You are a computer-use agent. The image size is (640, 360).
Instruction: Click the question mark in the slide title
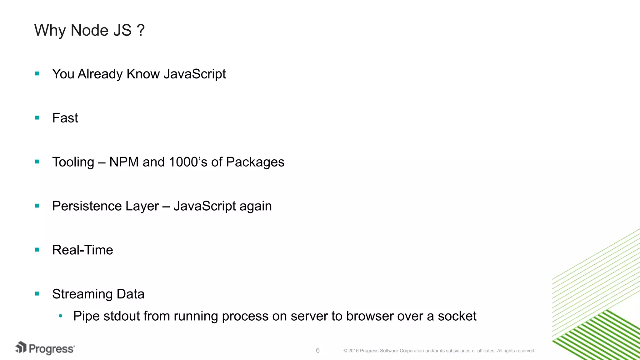[140, 30]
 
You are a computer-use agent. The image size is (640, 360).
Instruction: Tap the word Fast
[65, 118]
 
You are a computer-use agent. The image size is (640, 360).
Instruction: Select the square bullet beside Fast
[37, 118]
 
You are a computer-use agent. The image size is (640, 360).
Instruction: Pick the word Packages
[255, 162]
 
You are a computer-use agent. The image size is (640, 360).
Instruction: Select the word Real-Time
[82, 250]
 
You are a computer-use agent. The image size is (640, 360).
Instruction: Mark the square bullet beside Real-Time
[37, 250]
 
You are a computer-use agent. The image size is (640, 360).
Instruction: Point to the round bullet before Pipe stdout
[61, 316]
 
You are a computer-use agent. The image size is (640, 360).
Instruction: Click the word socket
[457, 316]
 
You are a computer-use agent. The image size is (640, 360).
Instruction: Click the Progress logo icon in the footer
[21, 347]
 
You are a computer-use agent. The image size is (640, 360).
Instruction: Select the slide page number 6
[318, 350]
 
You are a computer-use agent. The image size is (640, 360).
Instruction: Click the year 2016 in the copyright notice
[353, 351]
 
